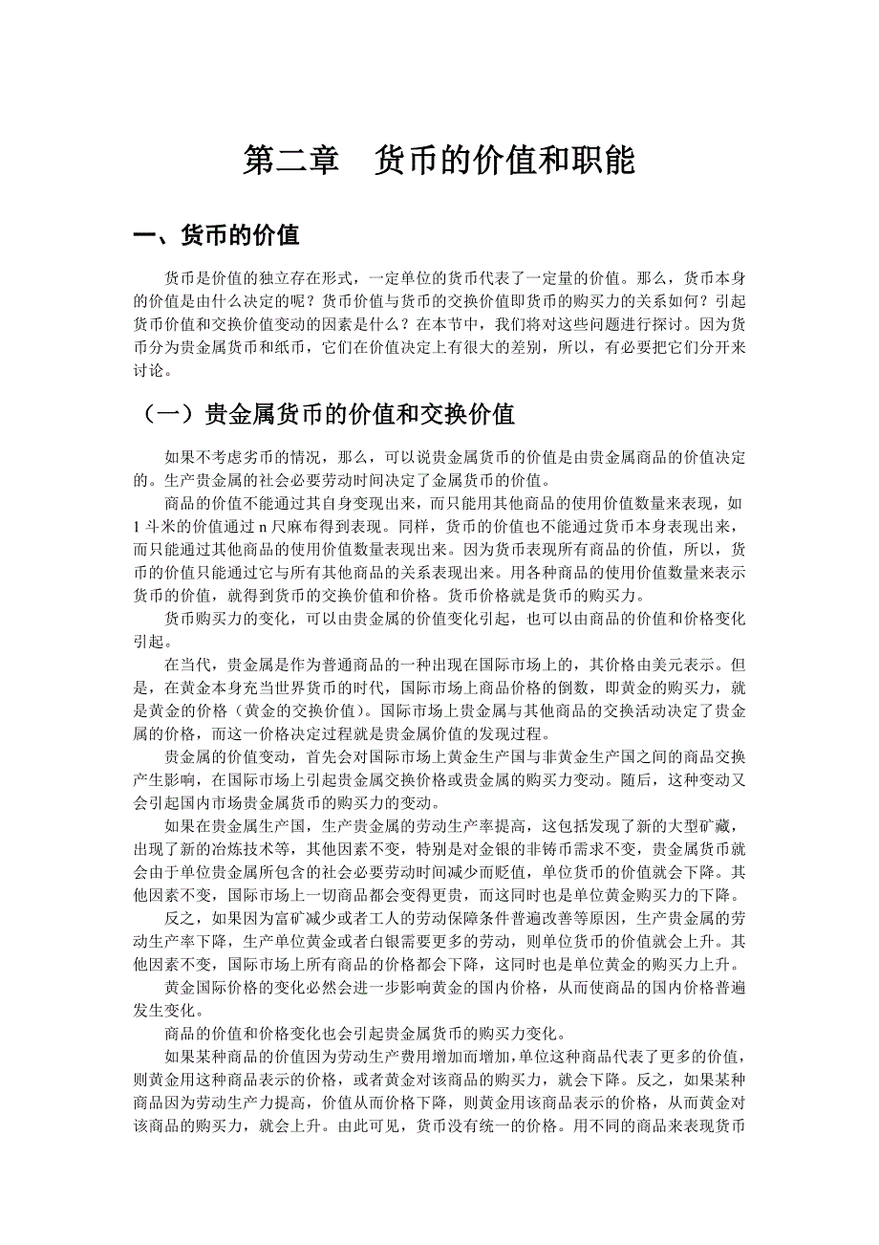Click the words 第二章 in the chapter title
pos(290,160)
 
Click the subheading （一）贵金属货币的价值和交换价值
pos(325,414)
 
